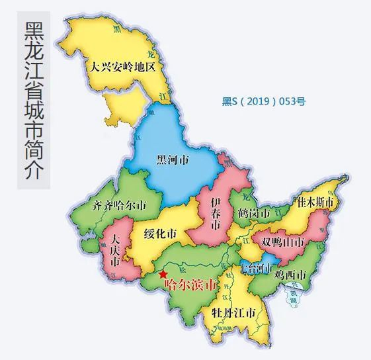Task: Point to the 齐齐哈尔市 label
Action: point(119,204)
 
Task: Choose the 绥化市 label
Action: point(159,234)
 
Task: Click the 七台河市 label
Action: point(255,268)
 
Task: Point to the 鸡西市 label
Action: point(292,275)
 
